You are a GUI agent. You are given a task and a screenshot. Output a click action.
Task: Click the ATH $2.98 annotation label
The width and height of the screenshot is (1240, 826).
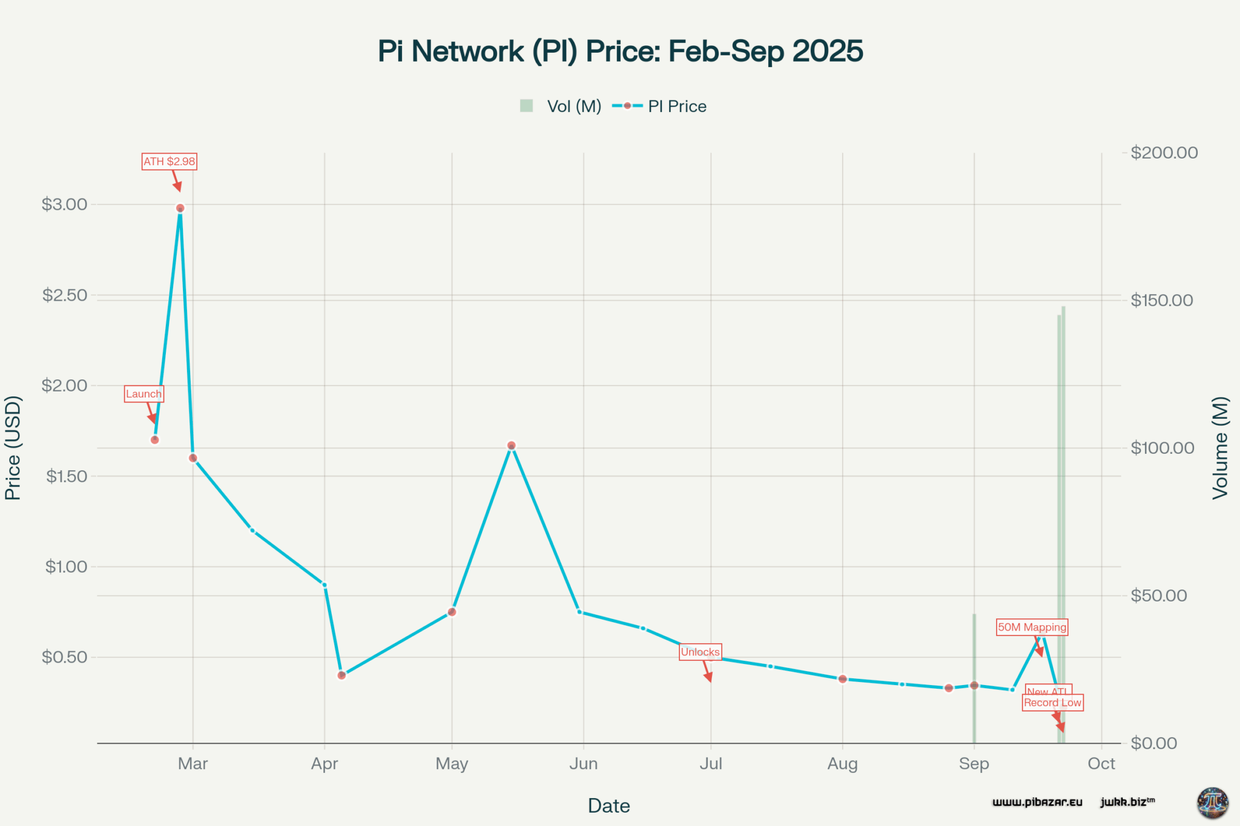(169, 162)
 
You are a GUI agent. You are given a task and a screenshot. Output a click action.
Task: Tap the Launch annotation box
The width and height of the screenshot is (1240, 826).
(143, 394)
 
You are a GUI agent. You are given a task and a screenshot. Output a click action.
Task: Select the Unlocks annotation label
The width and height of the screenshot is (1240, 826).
(700, 652)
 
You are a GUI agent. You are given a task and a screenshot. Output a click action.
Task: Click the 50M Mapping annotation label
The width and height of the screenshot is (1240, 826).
(1032, 628)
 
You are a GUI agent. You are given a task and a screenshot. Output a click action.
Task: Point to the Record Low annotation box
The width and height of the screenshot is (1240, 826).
(1052, 703)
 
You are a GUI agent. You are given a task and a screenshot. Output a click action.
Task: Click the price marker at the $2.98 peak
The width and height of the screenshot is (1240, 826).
(180, 208)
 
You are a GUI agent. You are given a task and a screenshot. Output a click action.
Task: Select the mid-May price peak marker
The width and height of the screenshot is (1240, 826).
(511, 445)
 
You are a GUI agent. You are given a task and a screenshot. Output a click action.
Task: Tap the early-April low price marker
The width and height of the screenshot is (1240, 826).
(341, 675)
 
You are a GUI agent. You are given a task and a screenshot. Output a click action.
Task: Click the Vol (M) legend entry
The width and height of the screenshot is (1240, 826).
(561, 107)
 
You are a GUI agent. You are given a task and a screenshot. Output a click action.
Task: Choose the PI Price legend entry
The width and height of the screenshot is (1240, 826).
(660, 107)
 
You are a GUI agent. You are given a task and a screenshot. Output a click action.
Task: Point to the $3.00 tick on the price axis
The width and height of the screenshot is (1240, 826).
(64, 205)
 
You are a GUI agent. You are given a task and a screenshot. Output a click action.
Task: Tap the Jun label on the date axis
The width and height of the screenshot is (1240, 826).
(583, 764)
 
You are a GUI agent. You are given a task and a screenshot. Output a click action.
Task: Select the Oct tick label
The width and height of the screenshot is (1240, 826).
(1101, 764)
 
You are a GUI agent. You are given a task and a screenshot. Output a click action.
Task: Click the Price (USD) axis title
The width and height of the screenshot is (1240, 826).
(13, 448)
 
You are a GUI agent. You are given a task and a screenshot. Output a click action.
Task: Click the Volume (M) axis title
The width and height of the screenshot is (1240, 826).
(1221, 448)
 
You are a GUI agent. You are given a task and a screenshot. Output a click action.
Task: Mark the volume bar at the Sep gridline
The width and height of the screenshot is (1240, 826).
(974, 678)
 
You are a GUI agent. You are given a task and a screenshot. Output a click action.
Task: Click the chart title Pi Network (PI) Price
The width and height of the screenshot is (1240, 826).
(620, 51)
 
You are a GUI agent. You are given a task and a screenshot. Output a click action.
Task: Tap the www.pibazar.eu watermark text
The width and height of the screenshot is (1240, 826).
(1037, 802)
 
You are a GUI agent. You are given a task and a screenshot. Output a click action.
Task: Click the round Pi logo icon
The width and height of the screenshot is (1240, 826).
(1212, 802)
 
